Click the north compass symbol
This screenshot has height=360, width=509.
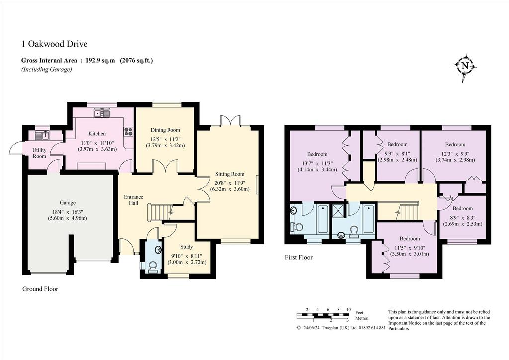click(x=465, y=67)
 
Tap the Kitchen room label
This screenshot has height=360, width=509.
click(x=97, y=133)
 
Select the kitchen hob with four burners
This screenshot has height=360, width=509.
click(x=128, y=131)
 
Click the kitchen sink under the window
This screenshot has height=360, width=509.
click(x=103, y=112)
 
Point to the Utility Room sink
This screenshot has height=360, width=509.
click(x=43, y=134)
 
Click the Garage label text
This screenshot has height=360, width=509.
click(x=67, y=203)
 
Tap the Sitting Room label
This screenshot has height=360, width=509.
click(x=230, y=174)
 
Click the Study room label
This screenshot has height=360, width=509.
click(x=187, y=247)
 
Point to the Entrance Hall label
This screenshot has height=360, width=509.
click(x=134, y=200)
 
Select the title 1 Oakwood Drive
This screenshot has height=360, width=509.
click(x=55, y=44)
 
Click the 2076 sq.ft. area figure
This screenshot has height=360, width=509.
click(x=136, y=60)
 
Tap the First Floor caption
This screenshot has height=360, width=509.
click(x=299, y=258)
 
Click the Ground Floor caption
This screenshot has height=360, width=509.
click(x=40, y=289)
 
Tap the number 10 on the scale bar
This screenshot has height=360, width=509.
click(x=348, y=310)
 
